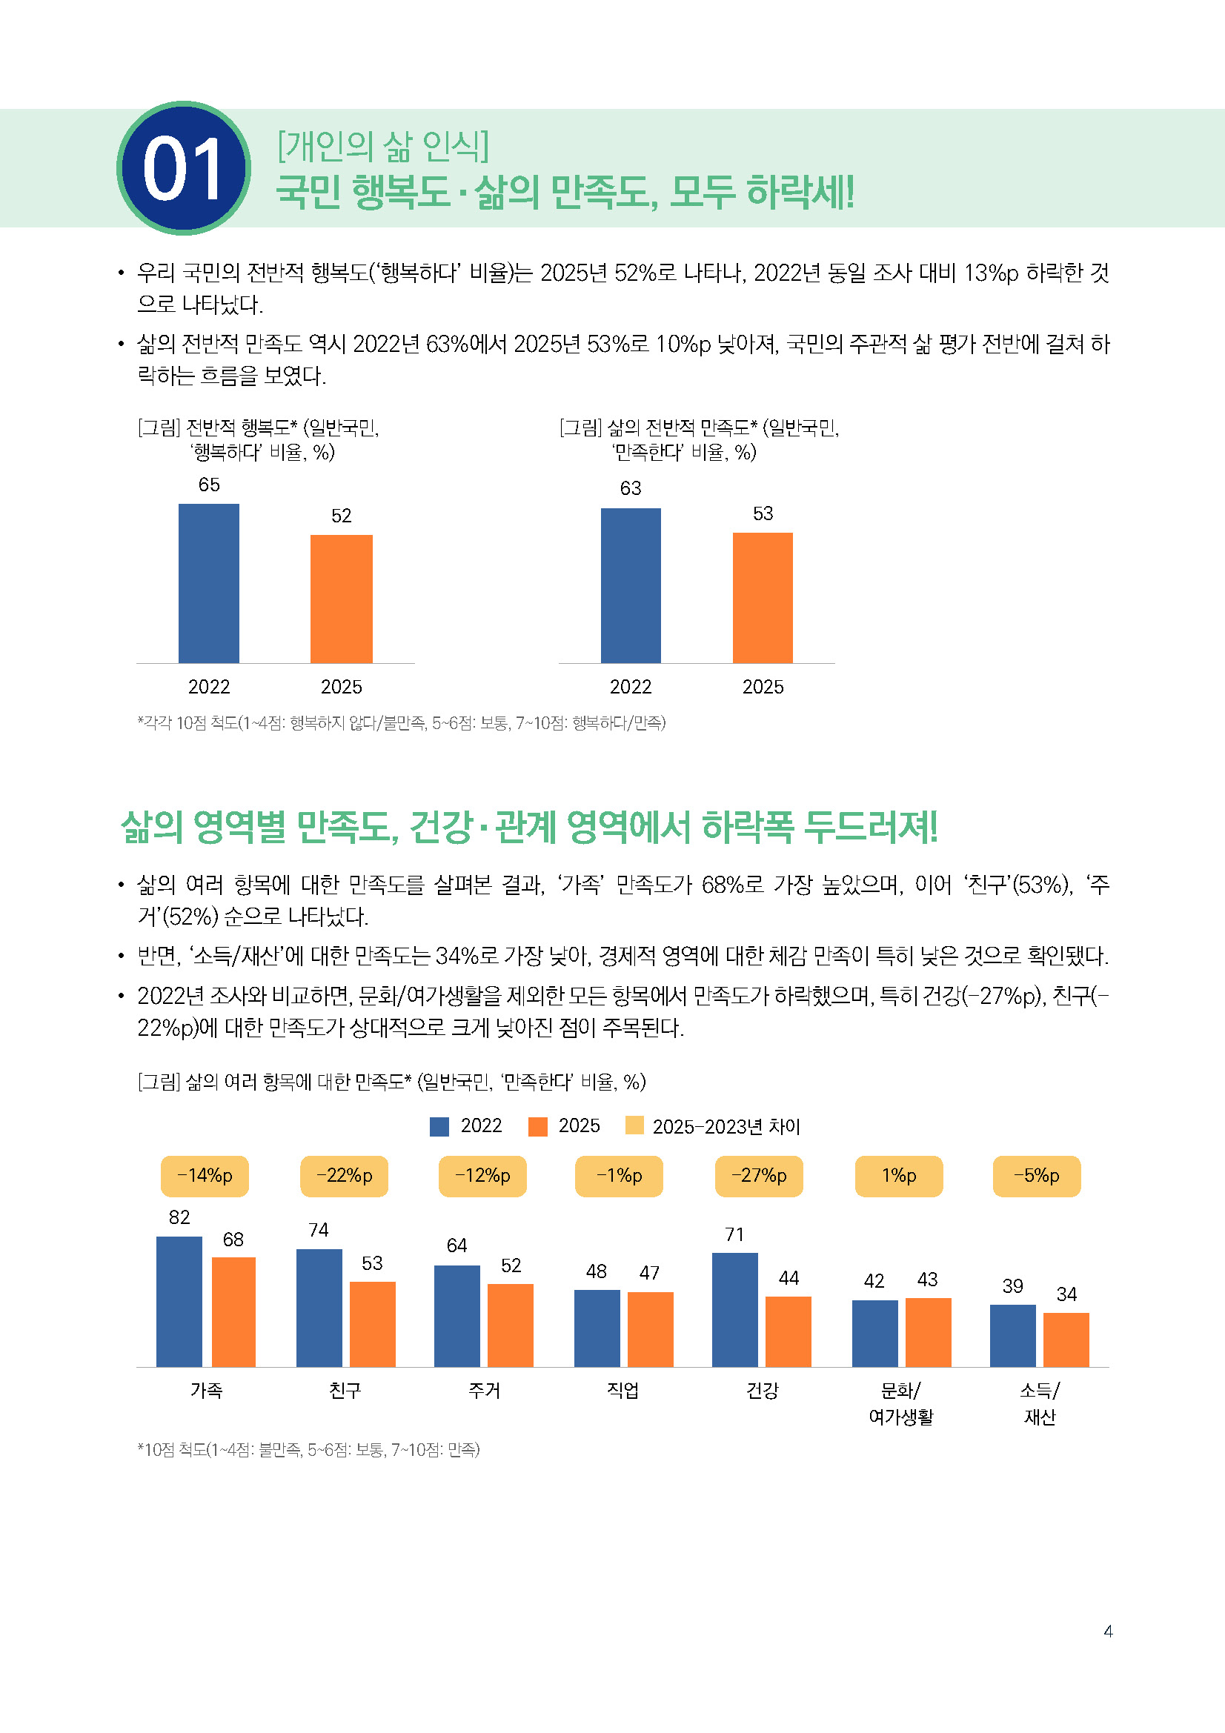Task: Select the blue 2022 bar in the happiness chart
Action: coord(208,582)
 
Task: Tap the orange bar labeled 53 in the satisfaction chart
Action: coord(763,597)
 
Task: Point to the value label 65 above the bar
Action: coord(209,485)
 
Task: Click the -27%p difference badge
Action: coord(759,1176)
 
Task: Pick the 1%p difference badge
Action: coord(898,1176)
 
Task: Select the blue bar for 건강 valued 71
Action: coord(734,1308)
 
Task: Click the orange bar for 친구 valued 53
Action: coord(372,1323)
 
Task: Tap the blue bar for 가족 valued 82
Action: coord(179,1300)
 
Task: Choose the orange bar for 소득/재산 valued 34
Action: coord(1066,1339)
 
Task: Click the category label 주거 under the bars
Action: coord(484,1390)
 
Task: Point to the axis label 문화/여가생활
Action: coord(900,1403)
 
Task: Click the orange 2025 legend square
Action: coord(537,1126)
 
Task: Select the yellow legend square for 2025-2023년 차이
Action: coord(635,1125)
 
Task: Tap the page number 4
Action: coord(1108,1631)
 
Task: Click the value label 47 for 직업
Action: coord(649,1273)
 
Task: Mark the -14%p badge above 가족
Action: coord(205,1176)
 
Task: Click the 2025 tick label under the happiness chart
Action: coord(341,687)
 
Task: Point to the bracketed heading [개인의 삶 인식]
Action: coord(382,146)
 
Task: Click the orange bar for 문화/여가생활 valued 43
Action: coord(928,1331)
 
